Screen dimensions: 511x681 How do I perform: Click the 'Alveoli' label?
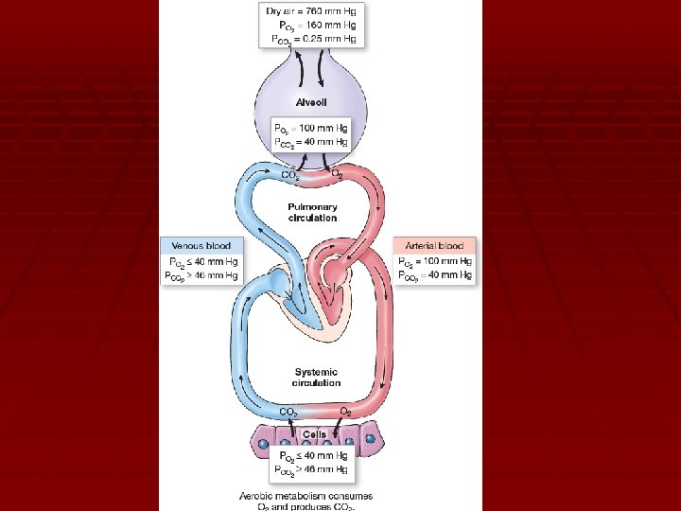[x=312, y=103]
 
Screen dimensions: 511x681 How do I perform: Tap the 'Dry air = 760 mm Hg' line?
[x=312, y=11]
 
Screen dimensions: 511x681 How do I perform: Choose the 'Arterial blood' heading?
[x=434, y=245]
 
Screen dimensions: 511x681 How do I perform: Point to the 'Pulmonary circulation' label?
[x=312, y=212]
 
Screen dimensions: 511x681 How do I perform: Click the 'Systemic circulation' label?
[x=316, y=377]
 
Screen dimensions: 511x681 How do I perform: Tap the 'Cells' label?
[x=315, y=434]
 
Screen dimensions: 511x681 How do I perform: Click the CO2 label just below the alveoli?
[x=290, y=174]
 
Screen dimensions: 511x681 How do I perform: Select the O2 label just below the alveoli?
[x=337, y=174]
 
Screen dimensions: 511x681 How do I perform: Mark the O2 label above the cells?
[x=346, y=412]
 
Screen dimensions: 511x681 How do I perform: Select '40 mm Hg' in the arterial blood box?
[x=449, y=275]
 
